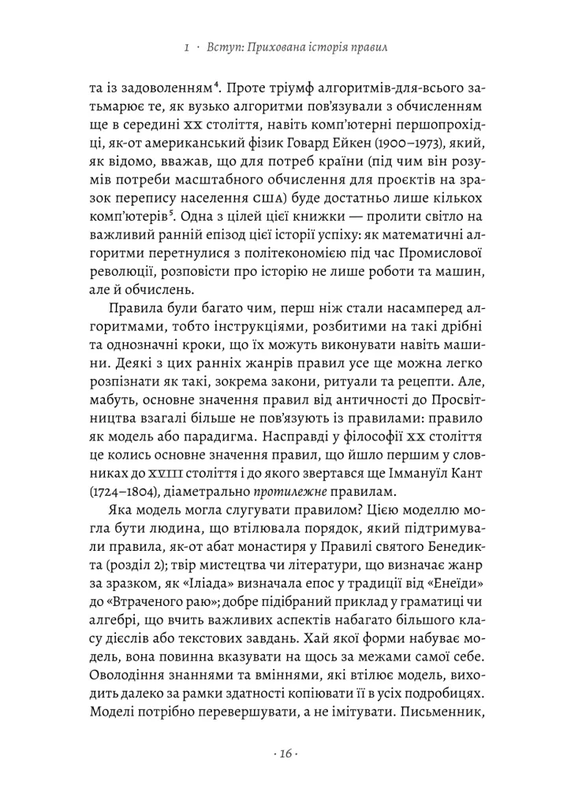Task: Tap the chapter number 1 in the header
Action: coord(185,49)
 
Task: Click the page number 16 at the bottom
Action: coord(285,753)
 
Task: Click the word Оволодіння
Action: coord(130,678)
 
